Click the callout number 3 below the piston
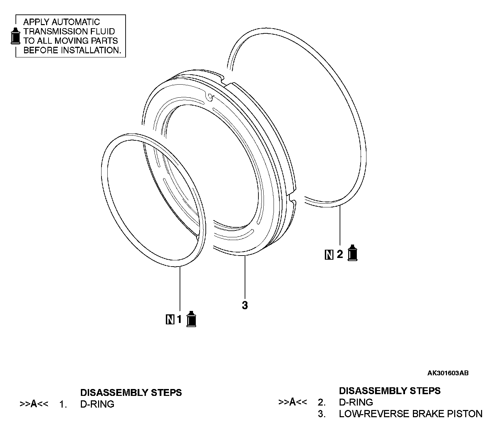coord(245,305)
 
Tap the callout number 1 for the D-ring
coord(179,320)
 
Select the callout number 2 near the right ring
coord(340,255)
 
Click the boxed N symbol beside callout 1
coord(170,320)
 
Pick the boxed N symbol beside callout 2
coord(329,255)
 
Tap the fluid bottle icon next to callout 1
coord(191,319)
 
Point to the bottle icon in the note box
coord(15,35)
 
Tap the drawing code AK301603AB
coord(448,373)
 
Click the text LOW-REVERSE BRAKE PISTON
coord(411,414)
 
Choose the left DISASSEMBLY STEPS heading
coord(131,392)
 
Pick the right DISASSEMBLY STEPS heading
coord(390,391)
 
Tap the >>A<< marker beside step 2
coord(292,402)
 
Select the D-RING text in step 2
coord(356,402)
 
